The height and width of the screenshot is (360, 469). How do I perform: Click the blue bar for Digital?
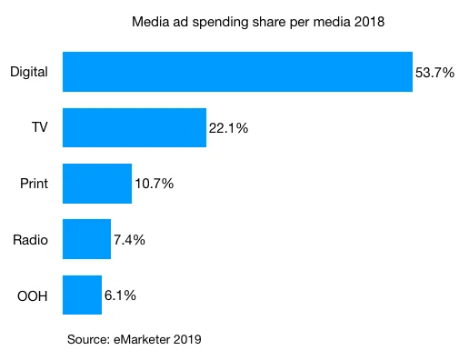click(x=237, y=71)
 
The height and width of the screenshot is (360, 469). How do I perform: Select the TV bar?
click(x=135, y=127)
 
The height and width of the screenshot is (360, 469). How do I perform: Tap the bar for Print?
click(x=97, y=184)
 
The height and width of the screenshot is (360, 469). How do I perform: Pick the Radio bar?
click(x=86, y=240)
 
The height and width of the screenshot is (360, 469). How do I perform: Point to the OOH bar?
click(x=82, y=296)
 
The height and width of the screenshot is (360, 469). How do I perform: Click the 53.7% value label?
click(x=434, y=72)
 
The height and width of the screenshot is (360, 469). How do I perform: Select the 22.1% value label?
click(x=228, y=128)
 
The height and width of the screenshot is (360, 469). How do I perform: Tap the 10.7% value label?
click(x=154, y=185)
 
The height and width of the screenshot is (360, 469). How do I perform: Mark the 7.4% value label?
click(x=129, y=241)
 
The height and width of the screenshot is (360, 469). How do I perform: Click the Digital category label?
click(x=28, y=72)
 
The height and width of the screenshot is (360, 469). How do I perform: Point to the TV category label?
click(x=39, y=128)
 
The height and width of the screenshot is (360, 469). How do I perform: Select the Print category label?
click(x=34, y=185)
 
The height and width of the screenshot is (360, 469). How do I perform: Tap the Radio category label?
click(x=31, y=241)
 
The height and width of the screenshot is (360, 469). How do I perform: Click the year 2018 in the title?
click(x=370, y=22)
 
